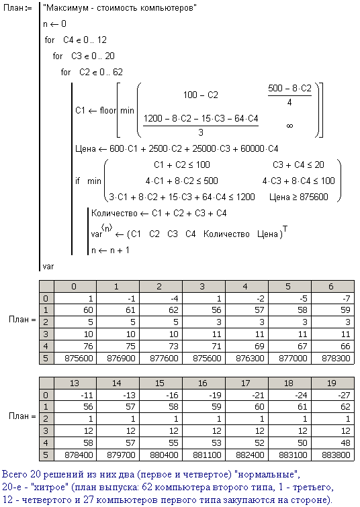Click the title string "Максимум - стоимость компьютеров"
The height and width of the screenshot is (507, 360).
point(120,8)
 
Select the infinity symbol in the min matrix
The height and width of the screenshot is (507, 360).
point(289,126)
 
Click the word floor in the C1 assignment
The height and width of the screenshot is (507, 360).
point(107,110)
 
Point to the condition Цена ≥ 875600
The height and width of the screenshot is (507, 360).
point(298,197)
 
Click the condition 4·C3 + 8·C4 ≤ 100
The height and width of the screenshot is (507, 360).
point(298,181)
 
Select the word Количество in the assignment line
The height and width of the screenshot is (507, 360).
point(114,213)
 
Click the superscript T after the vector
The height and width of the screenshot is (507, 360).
point(285,229)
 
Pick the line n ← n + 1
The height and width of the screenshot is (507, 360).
point(110,250)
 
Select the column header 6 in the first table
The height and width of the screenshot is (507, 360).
point(331,287)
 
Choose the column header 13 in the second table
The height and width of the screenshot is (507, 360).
point(75,383)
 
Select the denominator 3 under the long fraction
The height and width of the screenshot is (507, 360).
point(201,132)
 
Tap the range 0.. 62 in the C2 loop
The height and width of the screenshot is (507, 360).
point(111,72)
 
